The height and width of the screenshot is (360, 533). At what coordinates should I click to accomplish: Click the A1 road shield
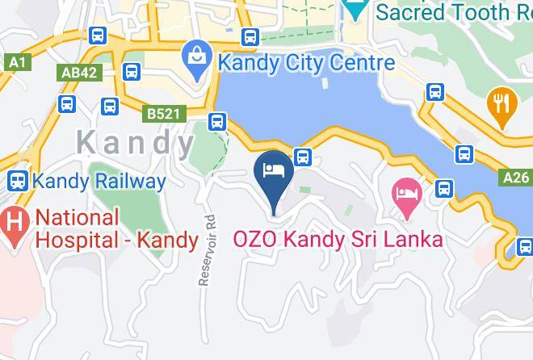pos(16,61)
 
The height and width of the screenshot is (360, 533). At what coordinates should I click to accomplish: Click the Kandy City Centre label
pos(304,62)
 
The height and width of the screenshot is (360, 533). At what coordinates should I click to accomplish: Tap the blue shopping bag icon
pos(196,55)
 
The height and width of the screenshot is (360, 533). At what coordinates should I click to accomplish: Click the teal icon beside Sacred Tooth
pos(353,10)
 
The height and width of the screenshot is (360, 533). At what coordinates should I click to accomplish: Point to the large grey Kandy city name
pos(136,143)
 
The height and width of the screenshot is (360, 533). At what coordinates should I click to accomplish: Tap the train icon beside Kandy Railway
pos(18,181)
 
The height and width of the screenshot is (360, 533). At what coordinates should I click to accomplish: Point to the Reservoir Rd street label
pos(209,249)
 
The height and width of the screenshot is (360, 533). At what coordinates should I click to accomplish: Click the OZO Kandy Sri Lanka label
pos(338,240)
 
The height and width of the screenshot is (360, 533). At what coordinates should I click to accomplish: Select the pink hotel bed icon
pos(406,194)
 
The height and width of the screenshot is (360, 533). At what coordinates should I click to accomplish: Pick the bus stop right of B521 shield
pos(216,122)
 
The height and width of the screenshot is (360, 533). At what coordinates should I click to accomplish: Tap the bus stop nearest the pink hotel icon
pos(443,189)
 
